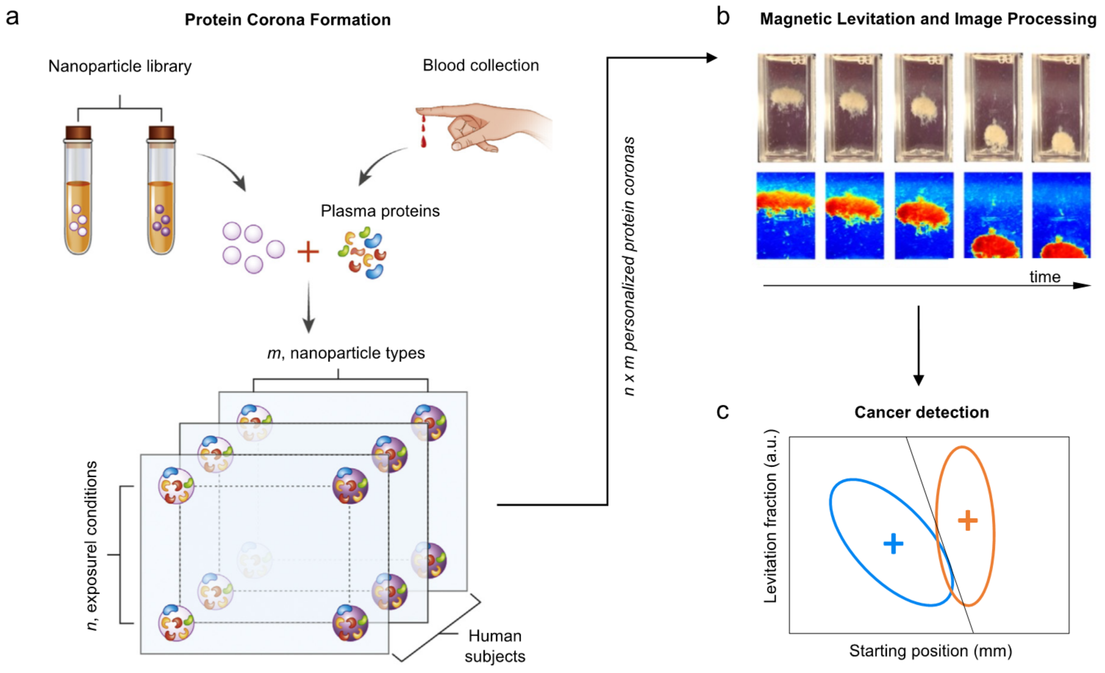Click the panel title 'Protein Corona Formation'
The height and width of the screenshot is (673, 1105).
coord(287,20)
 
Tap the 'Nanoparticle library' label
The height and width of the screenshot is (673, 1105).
coord(120,66)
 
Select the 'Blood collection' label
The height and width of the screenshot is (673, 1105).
coord(480,65)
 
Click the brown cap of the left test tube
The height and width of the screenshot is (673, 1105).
coord(78,133)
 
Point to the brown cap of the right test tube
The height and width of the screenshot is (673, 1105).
coord(161,133)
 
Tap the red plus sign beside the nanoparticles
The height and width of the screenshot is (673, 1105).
coord(308,252)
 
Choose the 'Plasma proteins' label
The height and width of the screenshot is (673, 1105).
coord(380,211)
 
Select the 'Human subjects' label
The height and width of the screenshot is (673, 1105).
coord(495,646)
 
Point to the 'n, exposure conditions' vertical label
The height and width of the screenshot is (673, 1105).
coord(92,546)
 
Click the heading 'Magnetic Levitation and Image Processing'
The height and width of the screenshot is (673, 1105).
coord(928,19)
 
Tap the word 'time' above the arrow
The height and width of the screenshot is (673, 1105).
coord(1044,277)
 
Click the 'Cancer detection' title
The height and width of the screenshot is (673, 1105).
coord(922,412)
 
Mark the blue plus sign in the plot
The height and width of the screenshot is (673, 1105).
coord(893,543)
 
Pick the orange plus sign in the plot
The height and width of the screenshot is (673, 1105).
coord(967,520)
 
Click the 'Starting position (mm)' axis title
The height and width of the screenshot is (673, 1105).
coord(930,651)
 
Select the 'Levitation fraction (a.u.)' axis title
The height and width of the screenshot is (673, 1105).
coord(770,516)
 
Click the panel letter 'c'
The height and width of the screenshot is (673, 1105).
coord(722,412)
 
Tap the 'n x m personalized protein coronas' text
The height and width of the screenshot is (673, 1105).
coord(629,266)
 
